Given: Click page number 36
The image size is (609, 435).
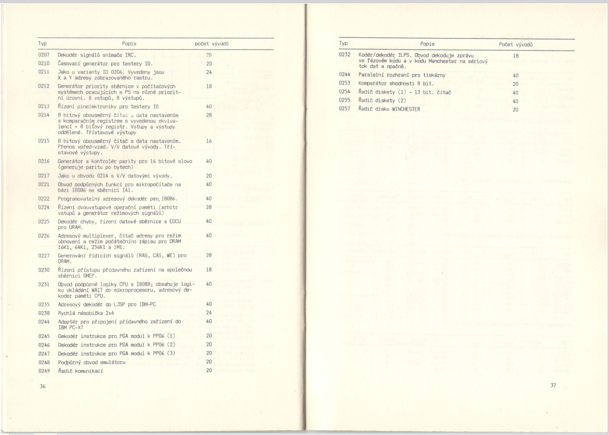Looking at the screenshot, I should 43,386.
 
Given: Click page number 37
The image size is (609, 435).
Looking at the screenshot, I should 553,385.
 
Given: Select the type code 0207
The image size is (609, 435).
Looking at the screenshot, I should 44,55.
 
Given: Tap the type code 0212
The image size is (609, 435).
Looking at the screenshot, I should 44,87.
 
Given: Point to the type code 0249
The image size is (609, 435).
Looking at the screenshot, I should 44,371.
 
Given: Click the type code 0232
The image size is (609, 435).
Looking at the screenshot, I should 345,55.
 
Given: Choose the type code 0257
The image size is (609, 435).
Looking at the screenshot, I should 345,109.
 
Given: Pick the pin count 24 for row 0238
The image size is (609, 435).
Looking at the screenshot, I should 209,313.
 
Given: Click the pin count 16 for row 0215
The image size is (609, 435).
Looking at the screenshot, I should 209,141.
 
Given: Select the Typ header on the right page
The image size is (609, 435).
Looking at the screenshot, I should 344,44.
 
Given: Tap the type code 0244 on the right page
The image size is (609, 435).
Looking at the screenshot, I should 345,75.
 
